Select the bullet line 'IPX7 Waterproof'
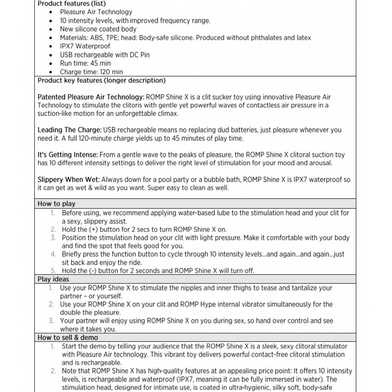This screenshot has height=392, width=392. tap(85, 46)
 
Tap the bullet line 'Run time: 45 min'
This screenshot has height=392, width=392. tap(85, 64)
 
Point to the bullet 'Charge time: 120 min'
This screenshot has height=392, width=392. tap(91, 72)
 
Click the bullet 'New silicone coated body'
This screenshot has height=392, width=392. tap(98, 29)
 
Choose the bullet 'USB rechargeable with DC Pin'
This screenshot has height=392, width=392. tap(105, 55)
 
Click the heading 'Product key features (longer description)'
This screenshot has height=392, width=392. tap(102, 81)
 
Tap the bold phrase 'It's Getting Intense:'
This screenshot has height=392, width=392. tap(68, 155)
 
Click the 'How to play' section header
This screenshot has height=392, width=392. tap(56, 204)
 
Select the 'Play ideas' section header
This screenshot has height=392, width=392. tap(53, 279)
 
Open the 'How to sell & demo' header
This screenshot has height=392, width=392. tap(68, 338)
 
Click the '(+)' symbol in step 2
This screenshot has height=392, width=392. tap(94, 230)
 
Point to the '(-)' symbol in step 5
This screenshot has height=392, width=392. tap(93, 271)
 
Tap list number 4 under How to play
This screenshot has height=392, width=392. tap(53, 254)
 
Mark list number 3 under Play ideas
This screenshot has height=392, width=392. tap(51, 321)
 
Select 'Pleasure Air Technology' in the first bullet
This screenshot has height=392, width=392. tap(96, 12)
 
